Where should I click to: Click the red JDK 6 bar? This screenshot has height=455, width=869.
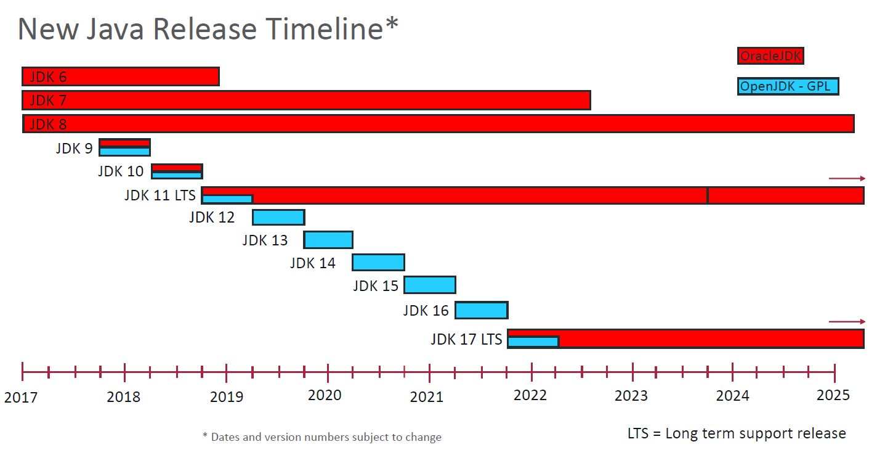(x=121, y=76)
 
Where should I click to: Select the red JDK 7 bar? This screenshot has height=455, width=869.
(x=306, y=100)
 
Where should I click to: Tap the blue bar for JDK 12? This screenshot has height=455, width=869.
(x=278, y=217)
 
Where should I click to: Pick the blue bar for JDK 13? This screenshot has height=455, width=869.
(x=328, y=240)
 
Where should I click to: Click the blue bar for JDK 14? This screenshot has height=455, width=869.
(x=378, y=263)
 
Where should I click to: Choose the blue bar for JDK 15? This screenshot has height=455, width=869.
(x=430, y=285)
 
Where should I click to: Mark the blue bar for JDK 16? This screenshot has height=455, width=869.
(x=481, y=310)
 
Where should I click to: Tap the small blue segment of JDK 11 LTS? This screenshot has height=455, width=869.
(x=227, y=199)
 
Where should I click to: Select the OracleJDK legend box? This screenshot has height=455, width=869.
(x=770, y=56)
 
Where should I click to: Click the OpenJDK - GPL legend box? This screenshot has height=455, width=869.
(x=788, y=86)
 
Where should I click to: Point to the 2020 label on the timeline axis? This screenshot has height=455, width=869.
(x=325, y=395)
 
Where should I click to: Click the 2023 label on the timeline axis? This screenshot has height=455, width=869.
(x=631, y=395)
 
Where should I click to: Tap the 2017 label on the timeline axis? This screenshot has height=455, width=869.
(x=20, y=396)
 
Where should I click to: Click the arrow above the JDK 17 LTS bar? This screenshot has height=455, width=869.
(x=847, y=321)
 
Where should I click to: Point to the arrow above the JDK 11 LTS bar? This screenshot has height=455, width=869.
(x=847, y=178)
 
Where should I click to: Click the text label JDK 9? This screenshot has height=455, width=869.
(x=74, y=149)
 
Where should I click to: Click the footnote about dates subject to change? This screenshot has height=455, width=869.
(x=322, y=437)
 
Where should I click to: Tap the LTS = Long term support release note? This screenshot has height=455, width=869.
(x=737, y=433)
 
